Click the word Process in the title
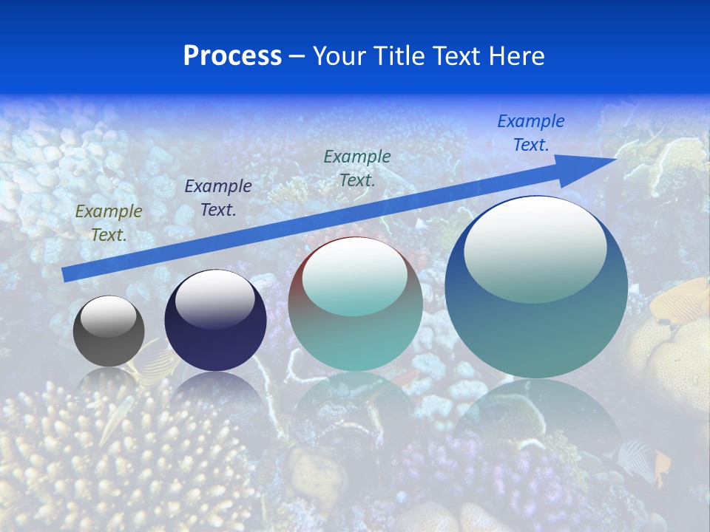(x=232, y=56)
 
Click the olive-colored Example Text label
(x=109, y=223)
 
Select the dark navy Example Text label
(x=218, y=197)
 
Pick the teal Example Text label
(x=357, y=168)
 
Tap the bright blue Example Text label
(x=531, y=133)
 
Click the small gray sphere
(x=109, y=331)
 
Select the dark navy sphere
(x=215, y=320)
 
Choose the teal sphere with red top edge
(x=356, y=304)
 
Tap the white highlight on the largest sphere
(x=535, y=249)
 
